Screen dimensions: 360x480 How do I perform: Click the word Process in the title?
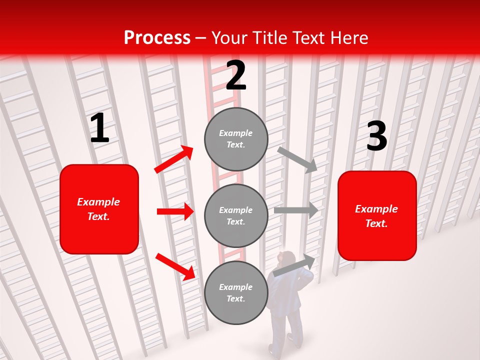pos(157,37)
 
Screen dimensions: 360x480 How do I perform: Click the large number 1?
pos(99,128)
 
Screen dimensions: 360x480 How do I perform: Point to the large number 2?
pos(236,75)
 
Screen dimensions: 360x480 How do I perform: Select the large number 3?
pos(376,136)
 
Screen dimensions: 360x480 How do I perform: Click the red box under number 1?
pos(99,209)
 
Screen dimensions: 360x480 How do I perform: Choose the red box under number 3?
pos(377,215)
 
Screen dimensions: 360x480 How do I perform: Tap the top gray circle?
pos(236,139)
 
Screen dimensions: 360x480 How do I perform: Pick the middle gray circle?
pos(236,215)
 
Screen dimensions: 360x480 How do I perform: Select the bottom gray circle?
pos(236,292)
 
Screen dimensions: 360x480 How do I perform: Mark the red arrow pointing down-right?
pos(175,266)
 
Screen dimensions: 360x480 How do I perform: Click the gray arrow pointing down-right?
pos(297,159)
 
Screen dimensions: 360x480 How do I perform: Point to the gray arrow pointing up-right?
pos(294,265)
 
